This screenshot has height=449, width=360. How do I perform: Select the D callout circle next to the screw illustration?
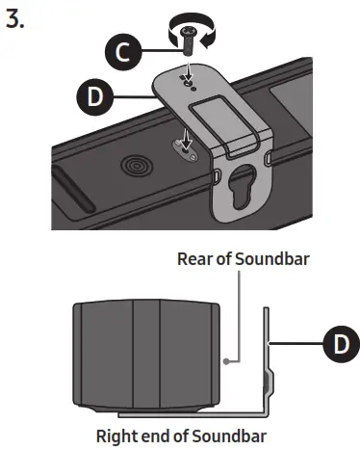point(91,98)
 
